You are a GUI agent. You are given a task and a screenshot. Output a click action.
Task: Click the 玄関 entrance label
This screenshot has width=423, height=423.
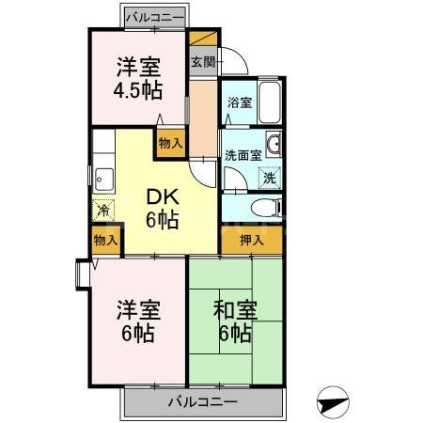(x=202, y=62)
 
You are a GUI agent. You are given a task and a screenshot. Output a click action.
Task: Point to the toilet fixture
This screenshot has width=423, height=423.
(x=266, y=206)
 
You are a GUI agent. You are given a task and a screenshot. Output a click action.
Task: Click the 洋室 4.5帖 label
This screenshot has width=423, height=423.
(x=139, y=79)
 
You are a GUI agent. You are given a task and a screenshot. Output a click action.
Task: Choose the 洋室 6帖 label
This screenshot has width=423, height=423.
(x=135, y=321)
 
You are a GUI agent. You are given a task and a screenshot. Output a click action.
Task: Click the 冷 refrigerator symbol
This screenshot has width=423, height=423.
(x=102, y=211)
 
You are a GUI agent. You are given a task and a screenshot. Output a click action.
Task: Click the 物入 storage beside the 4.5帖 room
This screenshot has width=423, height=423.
(x=170, y=142)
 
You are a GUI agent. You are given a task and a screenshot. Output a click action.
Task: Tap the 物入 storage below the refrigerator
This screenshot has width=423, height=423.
(x=106, y=241)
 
